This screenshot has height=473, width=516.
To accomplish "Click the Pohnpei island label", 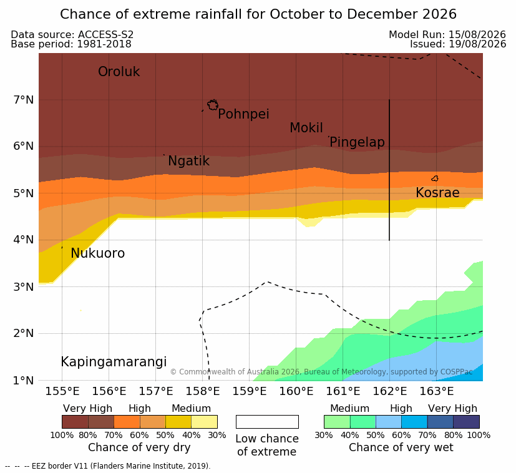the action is click(243, 114).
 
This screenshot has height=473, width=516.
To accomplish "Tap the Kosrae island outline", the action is click(435, 178).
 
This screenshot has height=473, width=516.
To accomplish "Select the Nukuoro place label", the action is click(98, 253).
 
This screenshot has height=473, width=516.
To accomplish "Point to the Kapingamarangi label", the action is click(114, 362).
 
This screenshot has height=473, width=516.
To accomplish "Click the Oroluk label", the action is click(119, 72).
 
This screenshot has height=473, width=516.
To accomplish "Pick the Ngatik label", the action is click(188, 161).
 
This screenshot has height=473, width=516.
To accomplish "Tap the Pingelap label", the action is click(357, 142).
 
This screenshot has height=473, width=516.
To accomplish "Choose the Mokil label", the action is click(306, 128).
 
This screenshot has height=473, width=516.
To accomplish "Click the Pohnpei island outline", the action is click(213, 105).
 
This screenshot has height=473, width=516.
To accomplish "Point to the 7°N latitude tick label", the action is click(24, 99).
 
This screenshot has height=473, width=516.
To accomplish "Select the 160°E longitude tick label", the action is click(296, 391).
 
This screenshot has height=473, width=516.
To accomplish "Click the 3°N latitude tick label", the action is click(24, 287).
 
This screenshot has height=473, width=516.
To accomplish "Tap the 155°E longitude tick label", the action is click(62, 391).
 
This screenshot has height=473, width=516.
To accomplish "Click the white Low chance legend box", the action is click(267, 422).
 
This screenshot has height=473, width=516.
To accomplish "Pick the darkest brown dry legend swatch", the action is click(75, 422).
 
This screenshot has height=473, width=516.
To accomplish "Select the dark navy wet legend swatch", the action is click(466, 422).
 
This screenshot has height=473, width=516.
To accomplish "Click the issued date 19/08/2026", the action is click(477, 44).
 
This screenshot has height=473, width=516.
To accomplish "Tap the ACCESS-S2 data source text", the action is click(105, 34).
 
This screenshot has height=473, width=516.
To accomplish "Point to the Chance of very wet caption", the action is click(401, 447).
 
